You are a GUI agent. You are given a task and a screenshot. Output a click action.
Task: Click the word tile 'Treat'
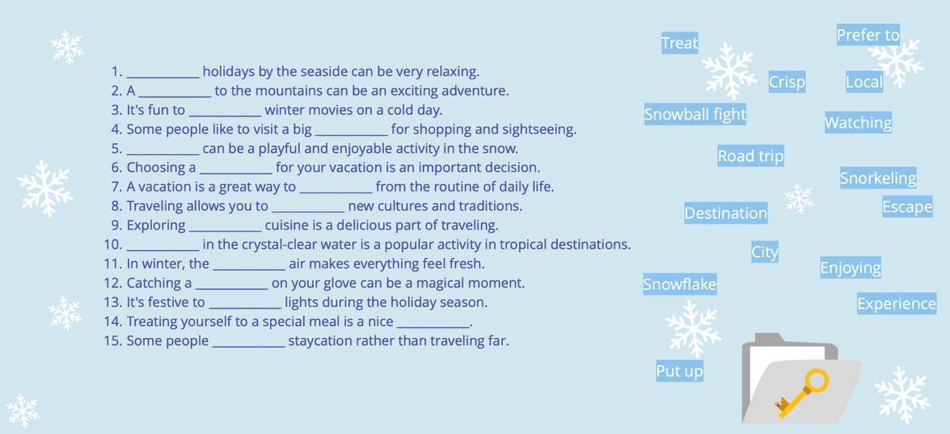click(680, 43)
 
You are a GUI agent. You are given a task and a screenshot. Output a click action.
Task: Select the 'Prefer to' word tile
click(868, 35)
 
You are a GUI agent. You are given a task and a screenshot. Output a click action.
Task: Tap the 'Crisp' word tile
click(787, 81)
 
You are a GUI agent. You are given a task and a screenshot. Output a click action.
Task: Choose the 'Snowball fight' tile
click(695, 115)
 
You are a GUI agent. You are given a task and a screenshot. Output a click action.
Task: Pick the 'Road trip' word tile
click(750, 156)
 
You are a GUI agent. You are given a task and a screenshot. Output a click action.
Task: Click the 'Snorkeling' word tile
click(878, 178)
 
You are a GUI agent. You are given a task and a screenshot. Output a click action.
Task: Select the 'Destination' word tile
click(726, 213)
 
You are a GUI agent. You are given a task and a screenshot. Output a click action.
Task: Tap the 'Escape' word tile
click(907, 207)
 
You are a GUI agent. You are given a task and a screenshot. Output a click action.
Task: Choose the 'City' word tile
click(765, 251)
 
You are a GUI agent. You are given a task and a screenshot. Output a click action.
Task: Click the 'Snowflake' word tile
click(680, 284)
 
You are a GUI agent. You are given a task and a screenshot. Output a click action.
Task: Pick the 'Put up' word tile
click(680, 370)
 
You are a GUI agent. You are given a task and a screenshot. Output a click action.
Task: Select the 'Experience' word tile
click(897, 303)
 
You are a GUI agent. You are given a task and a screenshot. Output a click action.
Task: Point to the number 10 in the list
click(113, 245)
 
